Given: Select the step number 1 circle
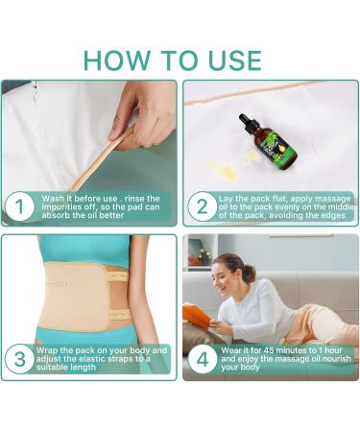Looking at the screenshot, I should pos(18,205).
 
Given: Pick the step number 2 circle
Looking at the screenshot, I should pos(201,205).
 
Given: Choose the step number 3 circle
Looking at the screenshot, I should pos(18,360).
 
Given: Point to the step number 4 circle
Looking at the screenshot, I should pos(201,360).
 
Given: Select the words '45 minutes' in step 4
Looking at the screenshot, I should pos(276,351).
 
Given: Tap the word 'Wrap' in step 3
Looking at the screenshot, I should pos(48,350).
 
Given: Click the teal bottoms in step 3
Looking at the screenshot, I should pos(86,336).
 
